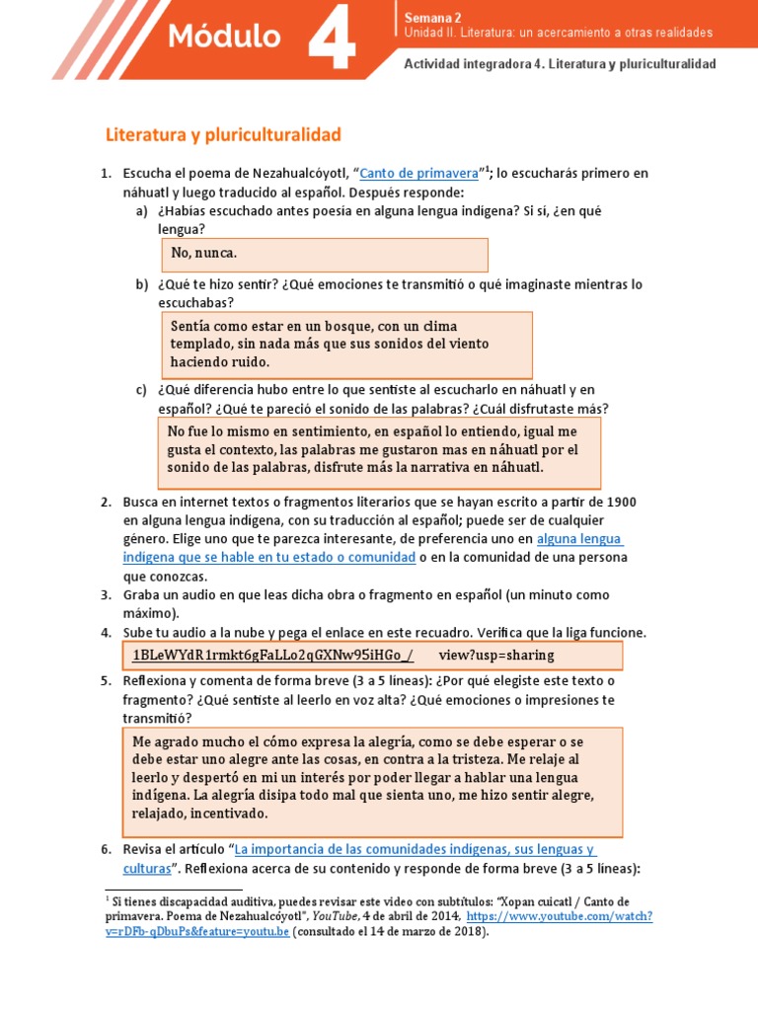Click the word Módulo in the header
(224, 38)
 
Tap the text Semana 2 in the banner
(432, 17)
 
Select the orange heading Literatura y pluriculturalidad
(223, 132)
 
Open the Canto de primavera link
(418, 174)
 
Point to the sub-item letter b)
(141, 284)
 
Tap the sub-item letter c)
(141, 390)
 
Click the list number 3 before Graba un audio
(106, 595)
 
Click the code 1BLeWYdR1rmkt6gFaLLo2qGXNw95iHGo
(272, 655)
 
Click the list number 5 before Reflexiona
(106, 681)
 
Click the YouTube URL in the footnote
(560, 916)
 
